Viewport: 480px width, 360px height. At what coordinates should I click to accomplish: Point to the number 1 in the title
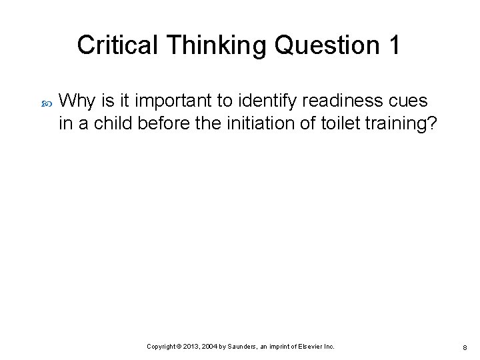pyautogui.click(x=393, y=45)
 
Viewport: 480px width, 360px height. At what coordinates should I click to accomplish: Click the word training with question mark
pyautogui.click(x=399, y=124)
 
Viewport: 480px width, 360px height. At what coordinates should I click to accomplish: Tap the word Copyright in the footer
pyautogui.click(x=162, y=347)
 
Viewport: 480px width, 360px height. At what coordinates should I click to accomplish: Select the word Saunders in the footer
pyautogui.click(x=250, y=347)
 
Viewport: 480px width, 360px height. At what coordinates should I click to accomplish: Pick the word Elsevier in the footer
pyautogui.click(x=310, y=347)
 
